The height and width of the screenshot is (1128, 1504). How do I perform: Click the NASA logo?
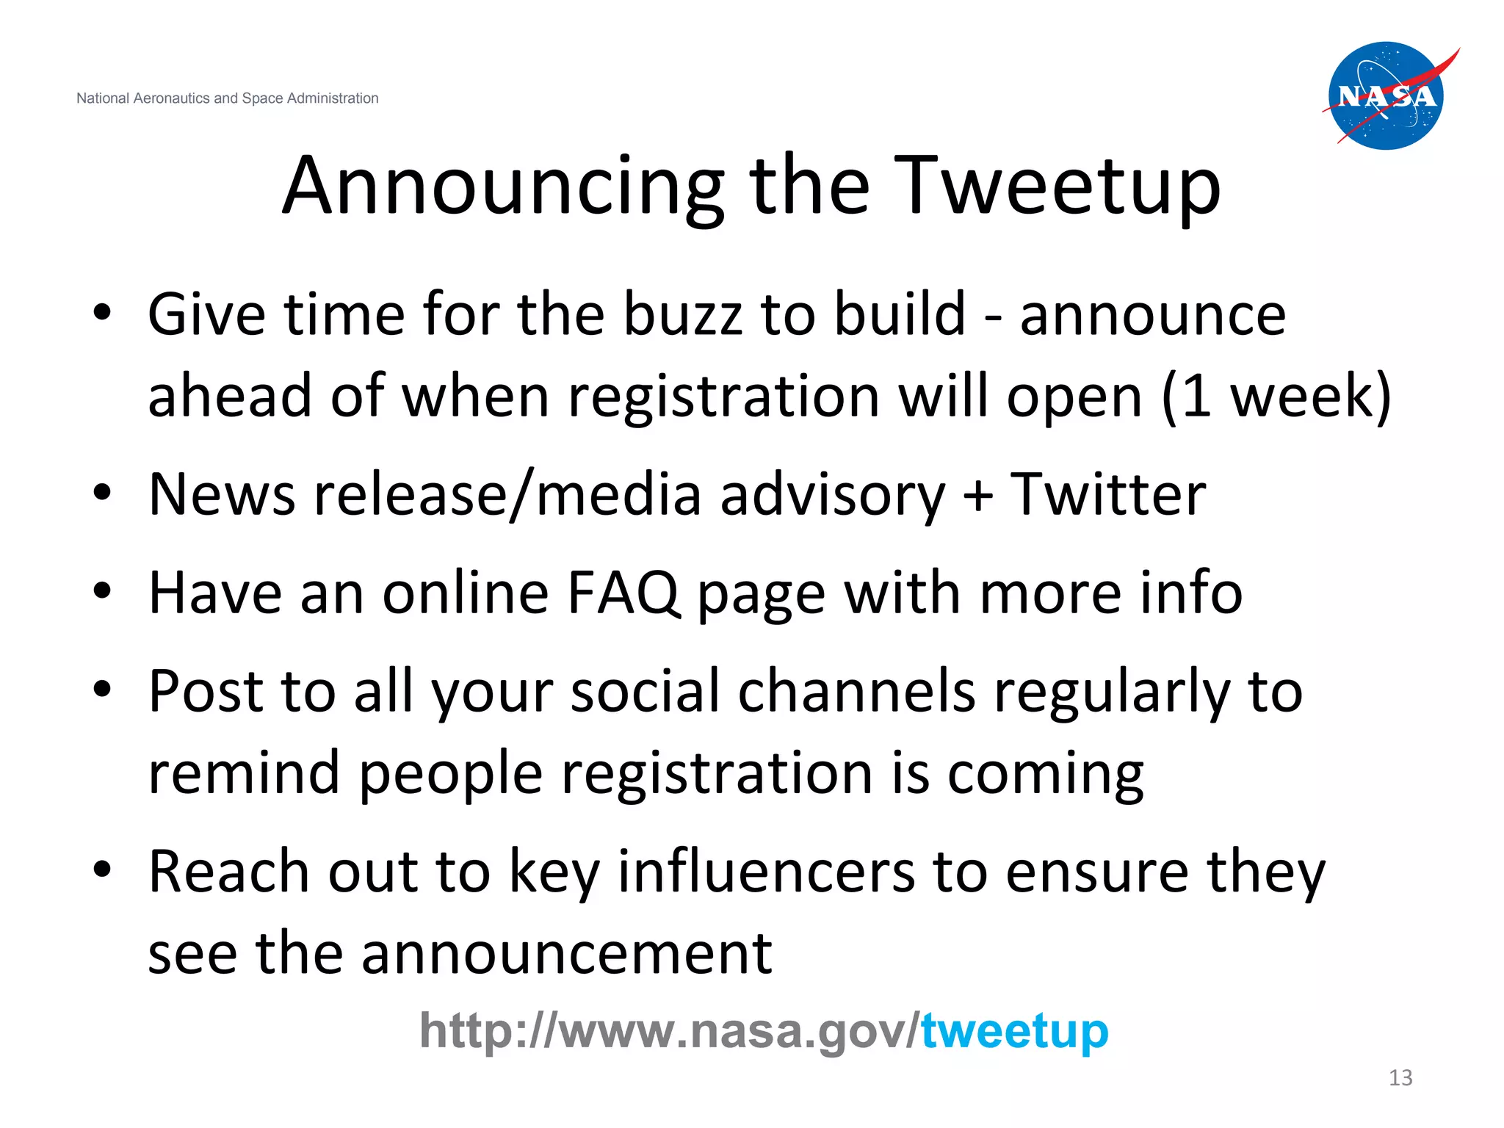(1386, 95)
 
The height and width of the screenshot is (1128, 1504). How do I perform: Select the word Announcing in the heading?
(504, 187)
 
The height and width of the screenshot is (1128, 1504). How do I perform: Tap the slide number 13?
(1400, 1077)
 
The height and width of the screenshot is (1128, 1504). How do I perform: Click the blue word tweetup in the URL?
(1014, 1031)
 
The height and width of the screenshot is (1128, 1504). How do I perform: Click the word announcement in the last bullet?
(566, 953)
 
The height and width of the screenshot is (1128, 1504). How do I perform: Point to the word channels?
(856, 691)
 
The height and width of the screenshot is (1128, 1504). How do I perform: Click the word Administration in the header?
(333, 98)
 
